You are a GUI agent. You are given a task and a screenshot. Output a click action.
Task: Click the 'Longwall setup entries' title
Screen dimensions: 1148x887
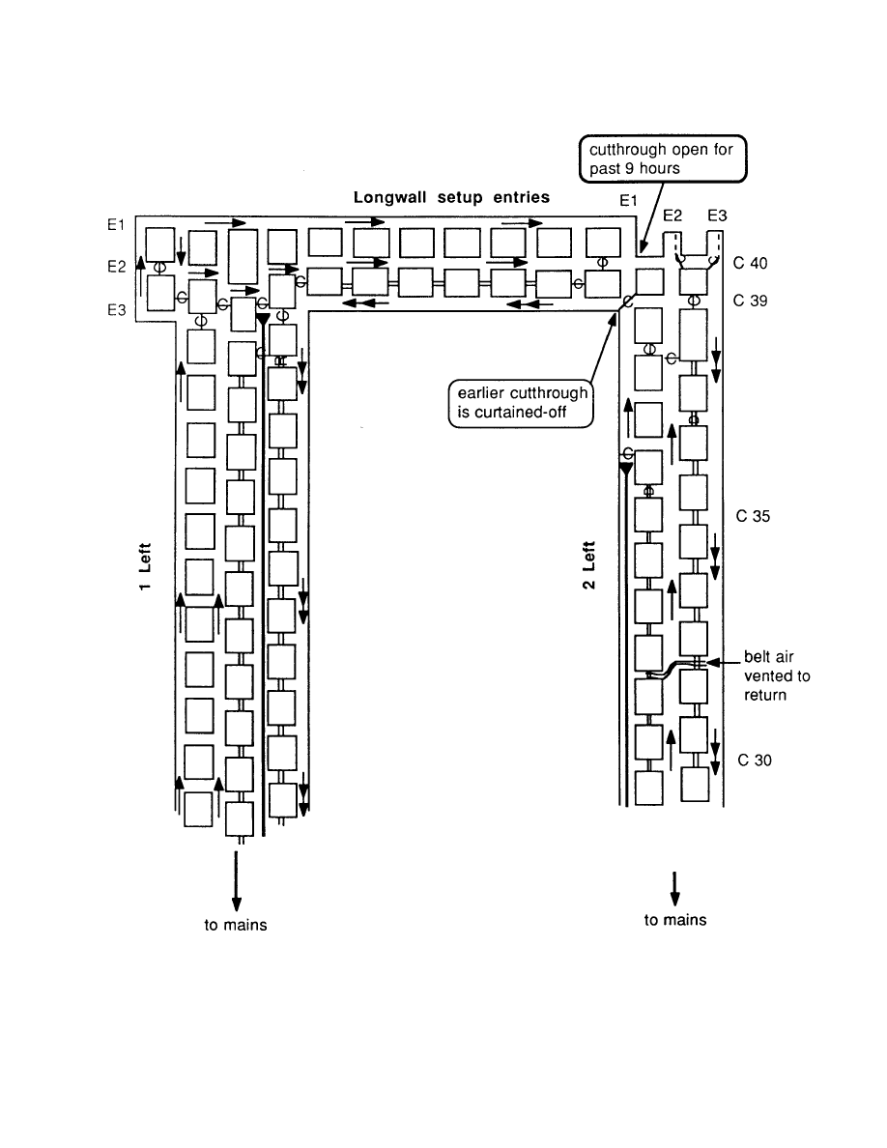pyautogui.click(x=451, y=197)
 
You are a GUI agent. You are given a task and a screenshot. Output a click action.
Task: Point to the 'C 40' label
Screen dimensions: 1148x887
pyautogui.click(x=751, y=263)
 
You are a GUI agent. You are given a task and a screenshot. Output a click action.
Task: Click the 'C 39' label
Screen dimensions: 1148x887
pyautogui.click(x=751, y=301)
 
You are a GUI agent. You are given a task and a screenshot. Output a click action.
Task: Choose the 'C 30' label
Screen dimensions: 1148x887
pyautogui.click(x=754, y=761)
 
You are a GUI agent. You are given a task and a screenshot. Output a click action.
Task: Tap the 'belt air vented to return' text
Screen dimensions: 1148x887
pyautogui.click(x=777, y=676)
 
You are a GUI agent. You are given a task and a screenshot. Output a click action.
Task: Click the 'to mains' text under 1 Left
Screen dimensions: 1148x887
pyautogui.click(x=235, y=925)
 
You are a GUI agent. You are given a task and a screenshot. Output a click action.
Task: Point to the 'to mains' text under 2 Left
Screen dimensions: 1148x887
pyautogui.click(x=675, y=920)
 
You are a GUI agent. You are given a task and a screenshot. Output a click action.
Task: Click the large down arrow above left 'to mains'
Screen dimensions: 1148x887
pyautogui.click(x=236, y=878)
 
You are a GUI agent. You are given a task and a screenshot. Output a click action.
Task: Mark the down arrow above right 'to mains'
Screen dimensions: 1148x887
pyautogui.click(x=674, y=888)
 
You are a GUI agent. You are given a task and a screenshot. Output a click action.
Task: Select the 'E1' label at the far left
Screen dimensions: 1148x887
pyautogui.click(x=117, y=224)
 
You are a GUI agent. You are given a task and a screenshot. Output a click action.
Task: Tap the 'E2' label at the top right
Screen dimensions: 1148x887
pyautogui.click(x=673, y=215)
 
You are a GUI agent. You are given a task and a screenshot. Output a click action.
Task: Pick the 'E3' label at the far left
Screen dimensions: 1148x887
pyautogui.click(x=117, y=312)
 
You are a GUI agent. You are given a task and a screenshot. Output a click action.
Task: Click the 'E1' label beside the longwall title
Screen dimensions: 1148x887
pyautogui.click(x=630, y=200)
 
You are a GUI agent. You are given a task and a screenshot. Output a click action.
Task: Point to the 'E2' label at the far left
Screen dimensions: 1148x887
pyautogui.click(x=117, y=264)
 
